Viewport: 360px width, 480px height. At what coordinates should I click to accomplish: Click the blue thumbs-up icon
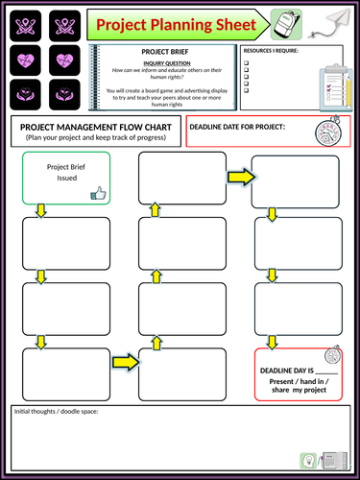96,193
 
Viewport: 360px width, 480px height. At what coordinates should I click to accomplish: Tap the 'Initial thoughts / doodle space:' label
55,412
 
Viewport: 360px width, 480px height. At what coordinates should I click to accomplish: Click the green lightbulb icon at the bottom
308,460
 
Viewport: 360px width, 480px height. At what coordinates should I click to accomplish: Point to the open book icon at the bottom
331,460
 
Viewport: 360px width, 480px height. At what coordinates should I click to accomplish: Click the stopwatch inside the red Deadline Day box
330,354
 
